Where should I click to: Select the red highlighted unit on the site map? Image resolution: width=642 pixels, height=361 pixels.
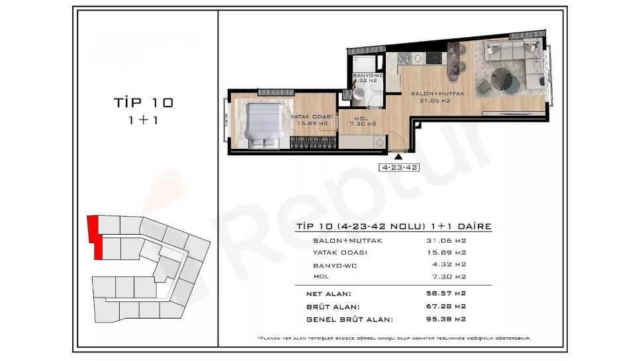(96, 237)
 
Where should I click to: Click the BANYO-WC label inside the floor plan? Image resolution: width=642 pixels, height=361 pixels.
(368, 76)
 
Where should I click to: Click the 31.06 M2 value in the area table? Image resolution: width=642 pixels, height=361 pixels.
(446, 240)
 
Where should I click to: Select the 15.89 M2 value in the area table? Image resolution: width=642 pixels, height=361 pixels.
(446, 252)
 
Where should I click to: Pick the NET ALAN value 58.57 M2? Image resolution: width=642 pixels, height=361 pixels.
(446, 294)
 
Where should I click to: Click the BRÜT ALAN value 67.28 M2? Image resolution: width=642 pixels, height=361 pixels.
(446, 306)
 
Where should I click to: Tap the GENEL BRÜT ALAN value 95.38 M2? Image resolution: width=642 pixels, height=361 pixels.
(446, 319)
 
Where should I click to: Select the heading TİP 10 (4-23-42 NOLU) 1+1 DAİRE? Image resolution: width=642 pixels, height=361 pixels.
(392, 226)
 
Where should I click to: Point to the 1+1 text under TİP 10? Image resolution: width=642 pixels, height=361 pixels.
(143, 120)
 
